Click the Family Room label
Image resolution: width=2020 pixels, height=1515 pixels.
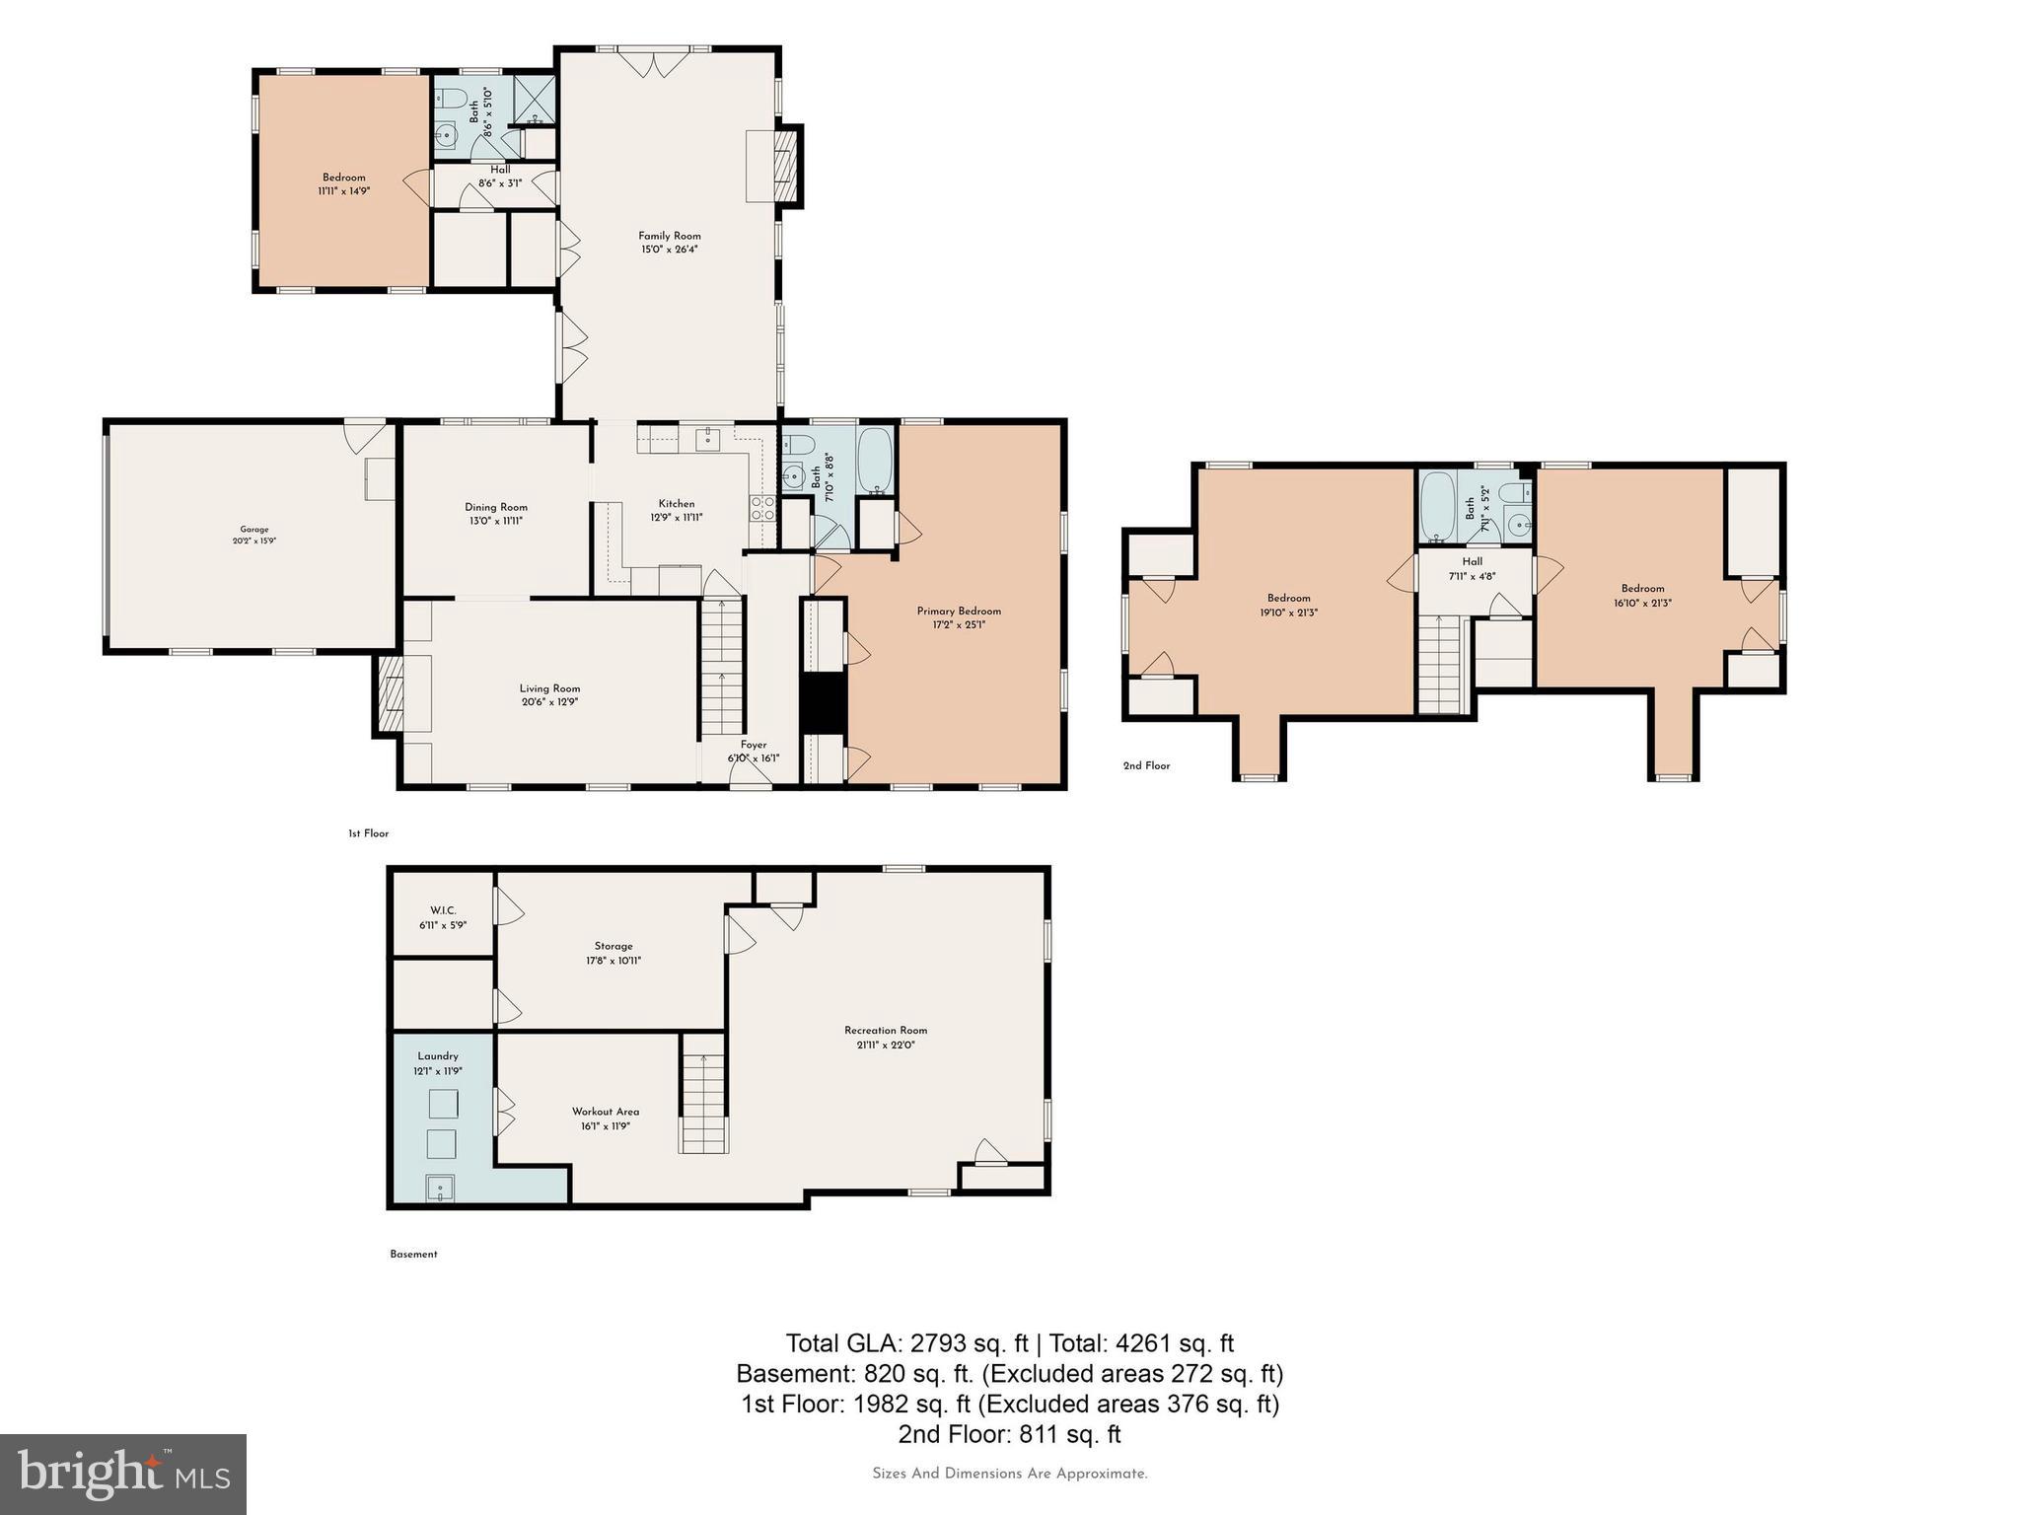coord(669,236)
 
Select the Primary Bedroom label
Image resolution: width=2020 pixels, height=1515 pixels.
coord(959,611)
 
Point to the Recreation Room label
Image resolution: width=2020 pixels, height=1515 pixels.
coord(886,1031)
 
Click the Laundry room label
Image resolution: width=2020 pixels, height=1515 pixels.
coord(438,1056)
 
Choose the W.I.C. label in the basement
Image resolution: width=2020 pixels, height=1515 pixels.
coord(443,910)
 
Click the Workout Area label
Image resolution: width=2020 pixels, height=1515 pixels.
coord(606,1112)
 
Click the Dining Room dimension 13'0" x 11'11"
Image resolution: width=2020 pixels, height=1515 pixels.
coord(496,521)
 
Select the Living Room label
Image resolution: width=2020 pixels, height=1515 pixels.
coord(550,688)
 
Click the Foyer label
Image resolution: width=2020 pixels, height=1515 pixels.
coord(754,745)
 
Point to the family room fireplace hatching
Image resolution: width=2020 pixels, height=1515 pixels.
coord(785,165)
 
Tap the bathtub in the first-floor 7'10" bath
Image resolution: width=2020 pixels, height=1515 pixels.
coord(875,462)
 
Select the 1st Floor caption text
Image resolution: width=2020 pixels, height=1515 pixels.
coord(368,833)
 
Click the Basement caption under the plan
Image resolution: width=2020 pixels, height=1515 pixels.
coord(413,1255)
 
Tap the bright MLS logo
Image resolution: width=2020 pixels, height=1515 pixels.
coord(123,1474)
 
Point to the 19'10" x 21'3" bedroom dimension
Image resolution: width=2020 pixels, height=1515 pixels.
coord(1288,613)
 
